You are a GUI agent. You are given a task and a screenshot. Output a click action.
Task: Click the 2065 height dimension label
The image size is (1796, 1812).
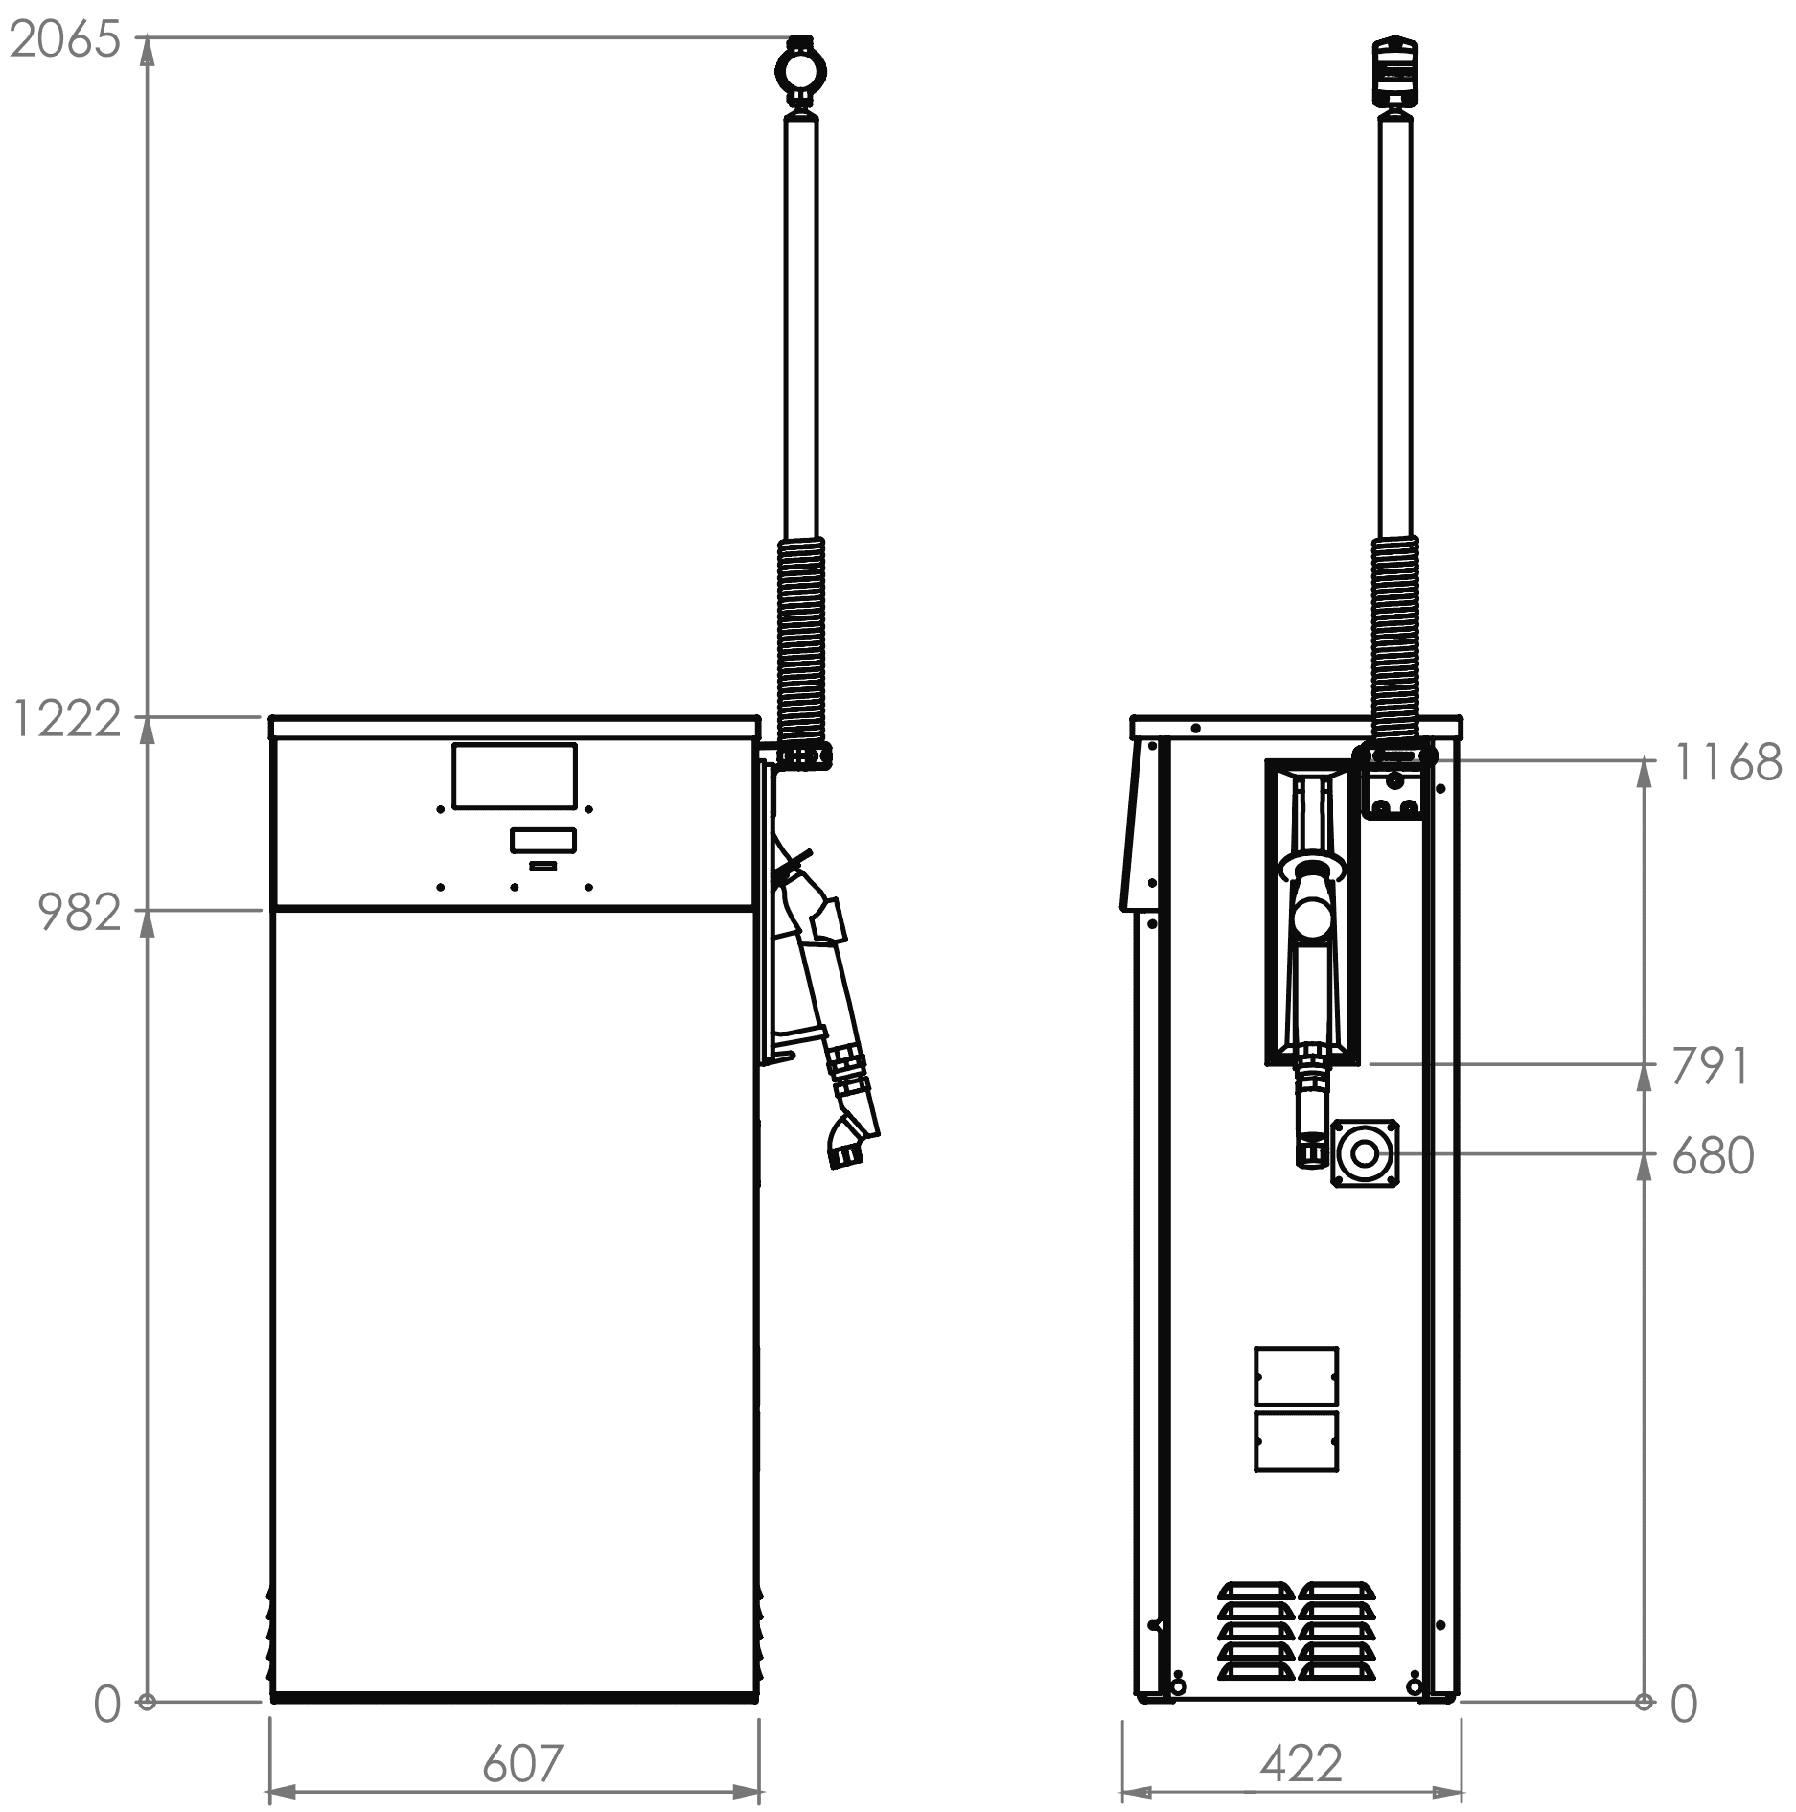[65, 39]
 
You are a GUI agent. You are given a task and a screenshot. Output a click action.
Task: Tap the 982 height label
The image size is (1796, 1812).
[80, 913]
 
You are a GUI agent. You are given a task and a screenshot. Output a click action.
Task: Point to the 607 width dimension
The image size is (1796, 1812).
[521, 1762]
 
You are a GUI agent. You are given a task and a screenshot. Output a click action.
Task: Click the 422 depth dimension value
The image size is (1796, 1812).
[1301, 1762]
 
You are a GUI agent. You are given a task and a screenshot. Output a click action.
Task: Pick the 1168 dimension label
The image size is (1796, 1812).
[1727, 763]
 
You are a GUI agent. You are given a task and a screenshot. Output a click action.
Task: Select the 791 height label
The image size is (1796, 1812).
[1711, 1066]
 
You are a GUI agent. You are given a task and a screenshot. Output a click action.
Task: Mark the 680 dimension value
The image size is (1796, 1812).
[1714, 1156]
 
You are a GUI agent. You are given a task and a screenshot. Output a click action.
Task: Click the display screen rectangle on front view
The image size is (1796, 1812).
[515, 776]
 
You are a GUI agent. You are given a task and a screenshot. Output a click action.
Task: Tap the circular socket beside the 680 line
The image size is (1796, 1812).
[1365, 1153]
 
